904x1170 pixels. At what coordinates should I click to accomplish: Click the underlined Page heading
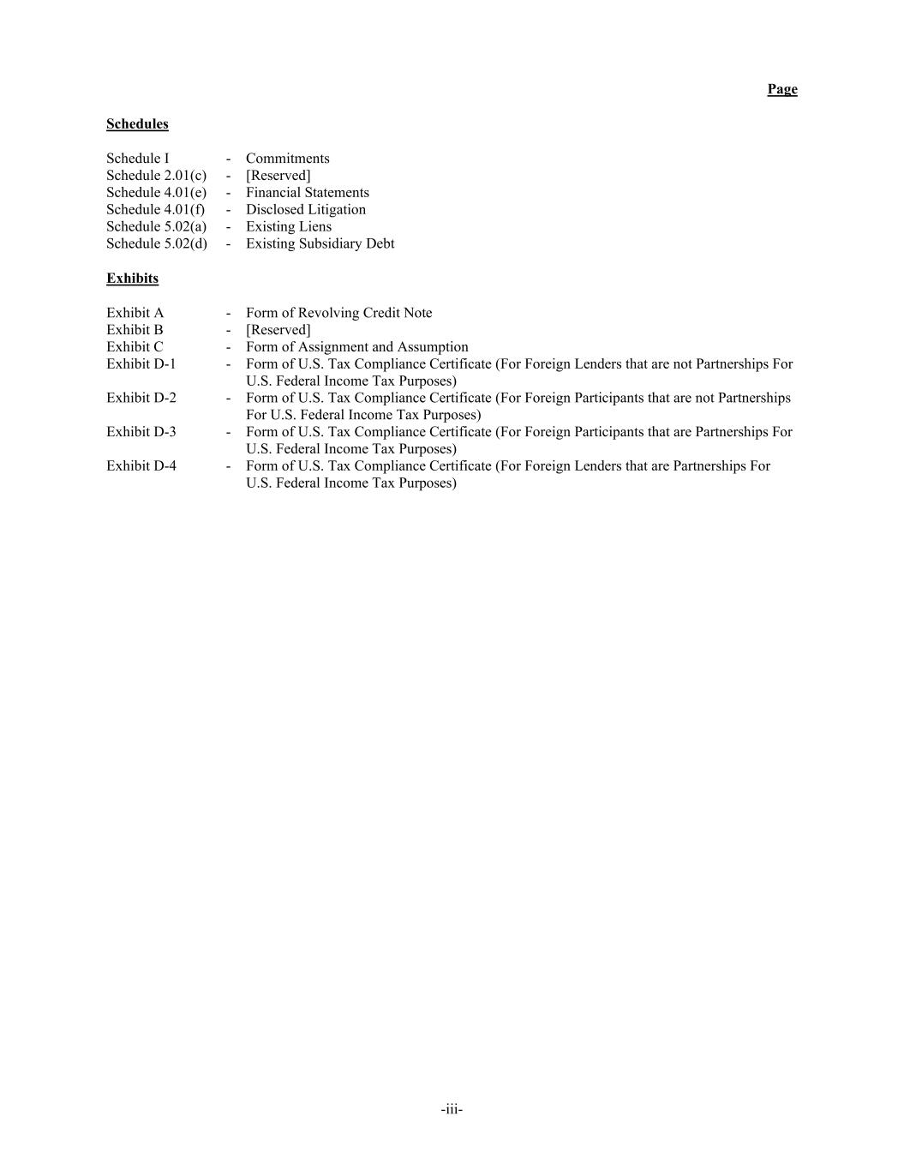[781, 89]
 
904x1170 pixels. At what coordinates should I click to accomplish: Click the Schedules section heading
[137, 123]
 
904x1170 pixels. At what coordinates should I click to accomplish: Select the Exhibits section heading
[132, 278]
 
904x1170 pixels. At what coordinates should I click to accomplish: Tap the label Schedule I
[137, 158]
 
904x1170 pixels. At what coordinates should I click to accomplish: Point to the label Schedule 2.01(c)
[156, 175]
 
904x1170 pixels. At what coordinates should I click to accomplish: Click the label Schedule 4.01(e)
[156, 192]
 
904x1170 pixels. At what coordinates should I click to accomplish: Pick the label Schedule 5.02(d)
[156, 243]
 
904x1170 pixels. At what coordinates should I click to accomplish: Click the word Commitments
[287, 158]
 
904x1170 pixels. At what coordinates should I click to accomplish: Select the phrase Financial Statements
[307, 192]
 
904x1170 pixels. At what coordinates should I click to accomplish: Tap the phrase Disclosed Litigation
[305, 209]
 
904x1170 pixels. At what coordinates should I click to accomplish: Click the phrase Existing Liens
[288, 226]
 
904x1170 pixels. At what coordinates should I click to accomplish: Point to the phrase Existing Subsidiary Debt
[320, 243]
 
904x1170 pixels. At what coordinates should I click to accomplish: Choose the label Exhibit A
[135, 312]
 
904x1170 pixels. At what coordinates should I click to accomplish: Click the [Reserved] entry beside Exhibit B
[278, 329]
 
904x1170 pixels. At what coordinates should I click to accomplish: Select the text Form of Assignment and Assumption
[356, 346]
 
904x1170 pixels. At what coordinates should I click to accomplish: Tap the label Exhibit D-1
[141, 363]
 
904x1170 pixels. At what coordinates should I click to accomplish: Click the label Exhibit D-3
[141, 431]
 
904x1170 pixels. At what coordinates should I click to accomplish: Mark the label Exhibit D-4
[141, 465]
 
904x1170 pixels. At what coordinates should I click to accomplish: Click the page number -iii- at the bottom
[452, 1109]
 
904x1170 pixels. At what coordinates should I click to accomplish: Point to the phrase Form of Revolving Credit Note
[338, 312]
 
